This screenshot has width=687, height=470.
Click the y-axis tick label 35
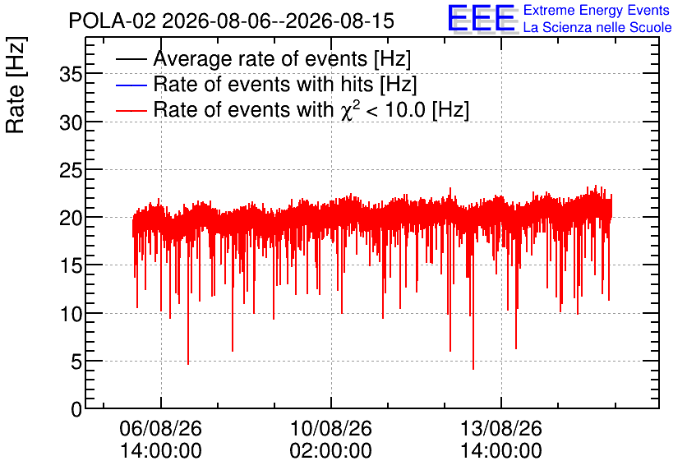(x=71, y=75)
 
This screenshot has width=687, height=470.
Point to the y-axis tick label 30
(x=71, y=122)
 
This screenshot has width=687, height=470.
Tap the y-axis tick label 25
(x=71, y=170)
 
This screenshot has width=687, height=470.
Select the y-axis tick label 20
(x=71, y=218)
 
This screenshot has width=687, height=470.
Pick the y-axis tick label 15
(x=71, y=266)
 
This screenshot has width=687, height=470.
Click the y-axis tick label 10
(x=71, y=314)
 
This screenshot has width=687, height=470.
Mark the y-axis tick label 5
(x=76, y=362)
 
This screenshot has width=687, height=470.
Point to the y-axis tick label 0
(x=76, y=409)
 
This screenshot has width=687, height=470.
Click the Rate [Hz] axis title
(x=16, y=85)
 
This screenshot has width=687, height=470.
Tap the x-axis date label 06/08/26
(x=161, y=428)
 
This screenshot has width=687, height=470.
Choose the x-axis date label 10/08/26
(x=331, y=428)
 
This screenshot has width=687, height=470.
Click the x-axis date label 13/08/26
(x=500, y=428)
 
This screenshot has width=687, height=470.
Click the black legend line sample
(x=131, y=59)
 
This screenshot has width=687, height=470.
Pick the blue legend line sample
(x=131, y=85)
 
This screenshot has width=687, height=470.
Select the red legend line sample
(x=131, y=110)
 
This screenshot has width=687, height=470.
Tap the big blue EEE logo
(x=482, y=19)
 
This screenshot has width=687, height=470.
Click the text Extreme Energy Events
(x=597, y=10)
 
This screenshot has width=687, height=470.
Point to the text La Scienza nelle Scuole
(x=597, y=27)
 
